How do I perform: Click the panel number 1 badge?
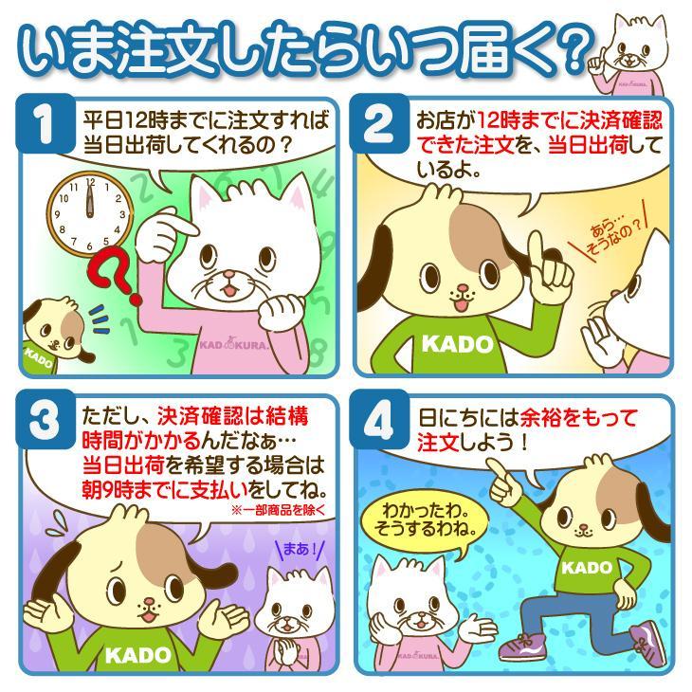pos(45,124)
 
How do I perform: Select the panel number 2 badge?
pos(378,124)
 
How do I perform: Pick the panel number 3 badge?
pos(45,420)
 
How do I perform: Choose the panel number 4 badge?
pos(378,420)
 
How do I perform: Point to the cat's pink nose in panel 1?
pos(228,276)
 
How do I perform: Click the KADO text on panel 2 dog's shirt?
pos(457,344)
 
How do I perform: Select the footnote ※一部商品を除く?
pos(278,510)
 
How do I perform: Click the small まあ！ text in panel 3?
pos(300,549)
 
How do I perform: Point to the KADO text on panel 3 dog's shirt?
pos(137,655)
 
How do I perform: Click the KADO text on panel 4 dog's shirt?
pos(587,568)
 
